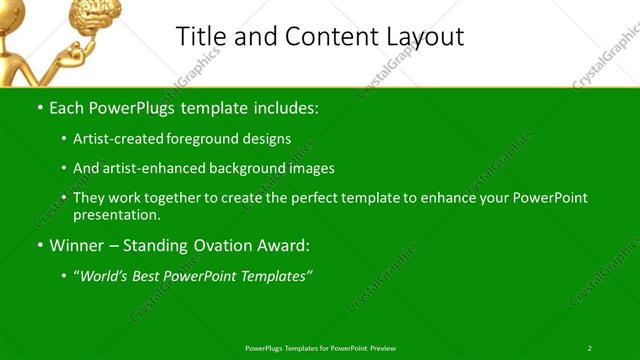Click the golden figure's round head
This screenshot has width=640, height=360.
coord(15,12)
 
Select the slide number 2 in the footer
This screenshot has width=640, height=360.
coord(590,347)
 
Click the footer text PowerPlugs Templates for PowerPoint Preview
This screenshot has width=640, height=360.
coord(320,347)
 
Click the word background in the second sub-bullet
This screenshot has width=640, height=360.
coord(246,168)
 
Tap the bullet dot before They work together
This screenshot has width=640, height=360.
coord(65,198)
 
